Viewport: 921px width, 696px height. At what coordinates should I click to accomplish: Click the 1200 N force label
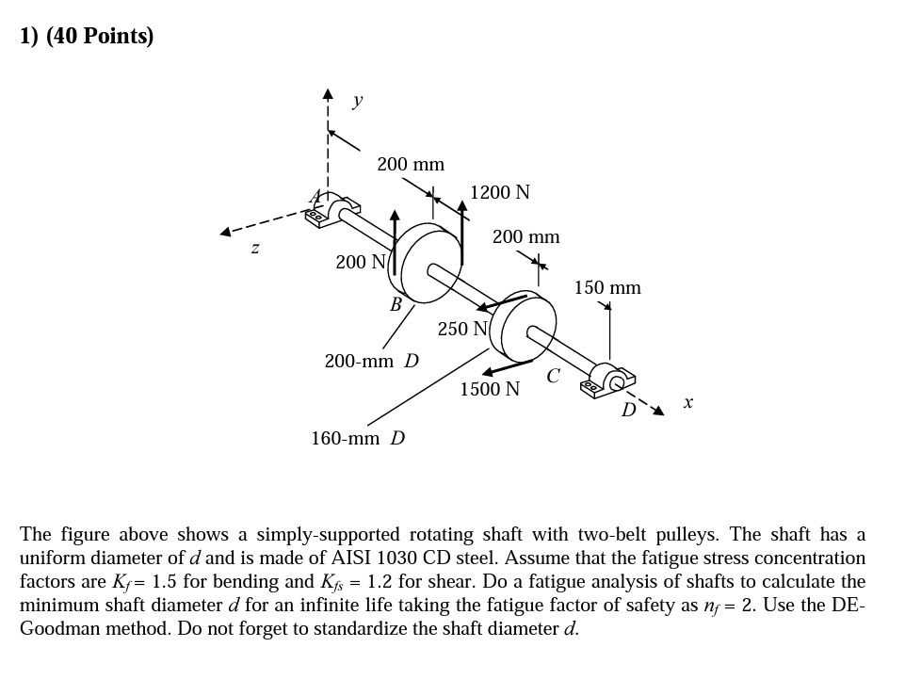[500, 192]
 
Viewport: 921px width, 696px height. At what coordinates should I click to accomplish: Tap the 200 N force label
[361, 262]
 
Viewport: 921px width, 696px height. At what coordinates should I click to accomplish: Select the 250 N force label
[462, 329]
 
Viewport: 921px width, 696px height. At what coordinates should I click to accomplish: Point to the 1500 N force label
[490, 389]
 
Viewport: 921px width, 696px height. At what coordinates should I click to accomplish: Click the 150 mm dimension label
[607, 288]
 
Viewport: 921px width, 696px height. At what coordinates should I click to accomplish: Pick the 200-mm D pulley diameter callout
[372, 361]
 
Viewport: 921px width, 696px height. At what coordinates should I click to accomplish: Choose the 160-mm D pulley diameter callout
[358, 438]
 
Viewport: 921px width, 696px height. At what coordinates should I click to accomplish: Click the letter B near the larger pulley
[396, 304]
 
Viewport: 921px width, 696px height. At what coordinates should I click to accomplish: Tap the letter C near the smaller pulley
[554, 375]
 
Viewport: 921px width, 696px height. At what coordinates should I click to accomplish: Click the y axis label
[357, 101]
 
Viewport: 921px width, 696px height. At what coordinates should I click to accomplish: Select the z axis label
[254, 249]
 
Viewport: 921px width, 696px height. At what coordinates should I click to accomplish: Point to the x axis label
[688, 403]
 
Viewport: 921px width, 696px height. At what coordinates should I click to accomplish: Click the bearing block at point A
[333, 210]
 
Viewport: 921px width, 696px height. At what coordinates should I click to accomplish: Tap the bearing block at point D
[607, 380]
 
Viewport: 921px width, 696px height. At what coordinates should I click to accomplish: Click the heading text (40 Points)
[100, 36]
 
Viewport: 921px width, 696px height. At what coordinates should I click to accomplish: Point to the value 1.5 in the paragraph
[164, 581]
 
